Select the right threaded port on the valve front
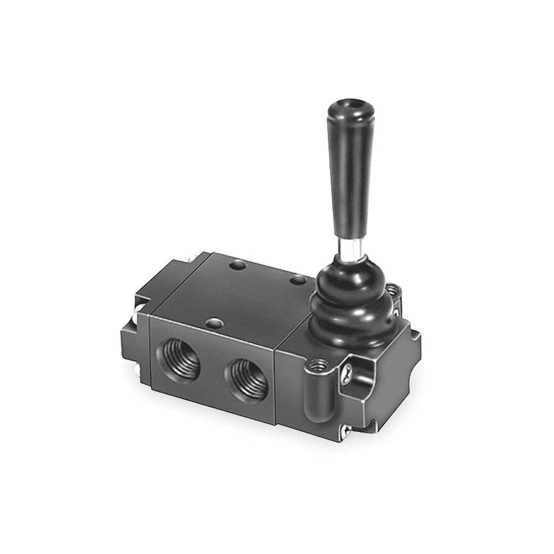pos(246,380)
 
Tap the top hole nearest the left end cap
pos(237,266)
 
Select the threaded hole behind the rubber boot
pos(392,290)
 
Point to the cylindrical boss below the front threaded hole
pos(315,398)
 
